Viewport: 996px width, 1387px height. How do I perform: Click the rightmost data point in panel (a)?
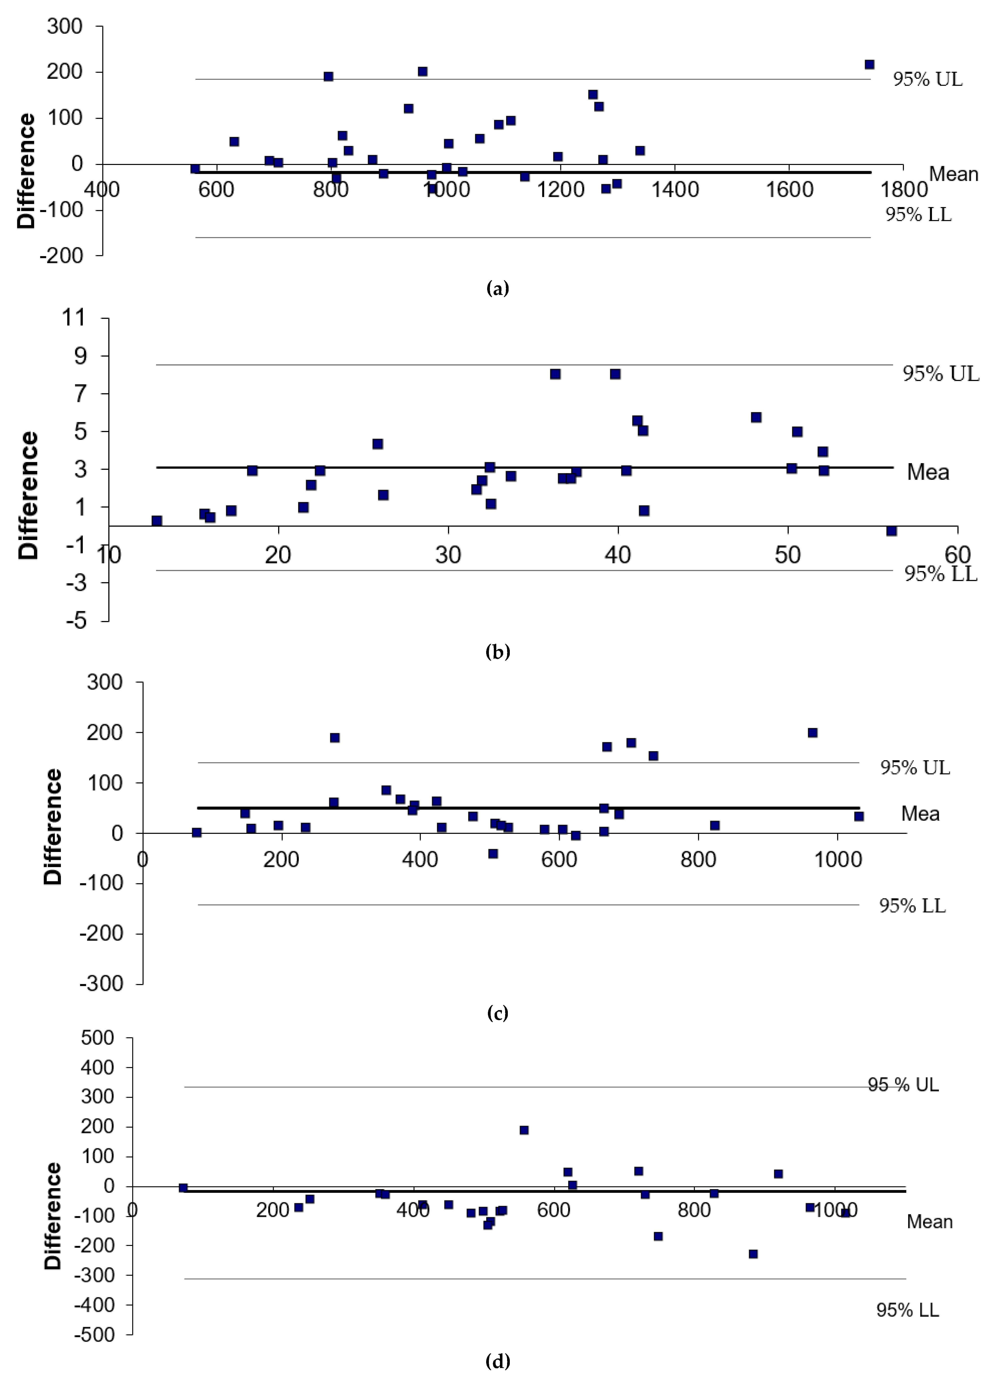tap(869, 64)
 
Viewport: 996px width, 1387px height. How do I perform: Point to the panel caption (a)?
tap(497, 288)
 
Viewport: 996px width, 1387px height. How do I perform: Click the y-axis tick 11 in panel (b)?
tap(74, 318)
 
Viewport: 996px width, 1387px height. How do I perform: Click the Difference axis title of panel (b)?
tap(28, 495)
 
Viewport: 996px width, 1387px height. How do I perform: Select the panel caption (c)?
tap(497, 1013)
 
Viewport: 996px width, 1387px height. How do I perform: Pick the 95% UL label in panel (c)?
tap(915, 768)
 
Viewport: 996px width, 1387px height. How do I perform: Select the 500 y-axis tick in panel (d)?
tap(98, 1038)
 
